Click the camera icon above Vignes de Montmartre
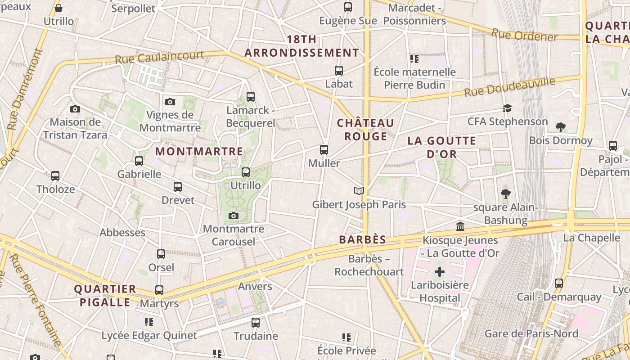click(170, 102)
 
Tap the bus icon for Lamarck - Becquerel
click(251, 97)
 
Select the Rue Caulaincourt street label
click(159, 58)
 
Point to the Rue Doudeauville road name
click(509, 87)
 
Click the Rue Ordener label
click(524, 35)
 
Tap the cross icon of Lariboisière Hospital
click(440, 272)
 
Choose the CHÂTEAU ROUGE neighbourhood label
click(365, 130)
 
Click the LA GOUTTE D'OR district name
click(441, 147)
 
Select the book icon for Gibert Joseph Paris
click(359, 192)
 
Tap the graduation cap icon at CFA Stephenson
click(507, 108)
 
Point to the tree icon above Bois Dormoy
click(560, 127)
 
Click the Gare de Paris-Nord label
click(531, 334)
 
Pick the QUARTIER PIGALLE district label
click(105, 295)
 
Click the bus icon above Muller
click(324, 150)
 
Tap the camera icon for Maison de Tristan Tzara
click(75, 109)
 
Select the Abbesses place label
click(122, 233)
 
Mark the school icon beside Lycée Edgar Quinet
click(149, 322)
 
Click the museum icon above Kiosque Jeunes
click(460, 227)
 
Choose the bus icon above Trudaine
click(256, 323)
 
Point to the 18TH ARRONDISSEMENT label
click(302, 46)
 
